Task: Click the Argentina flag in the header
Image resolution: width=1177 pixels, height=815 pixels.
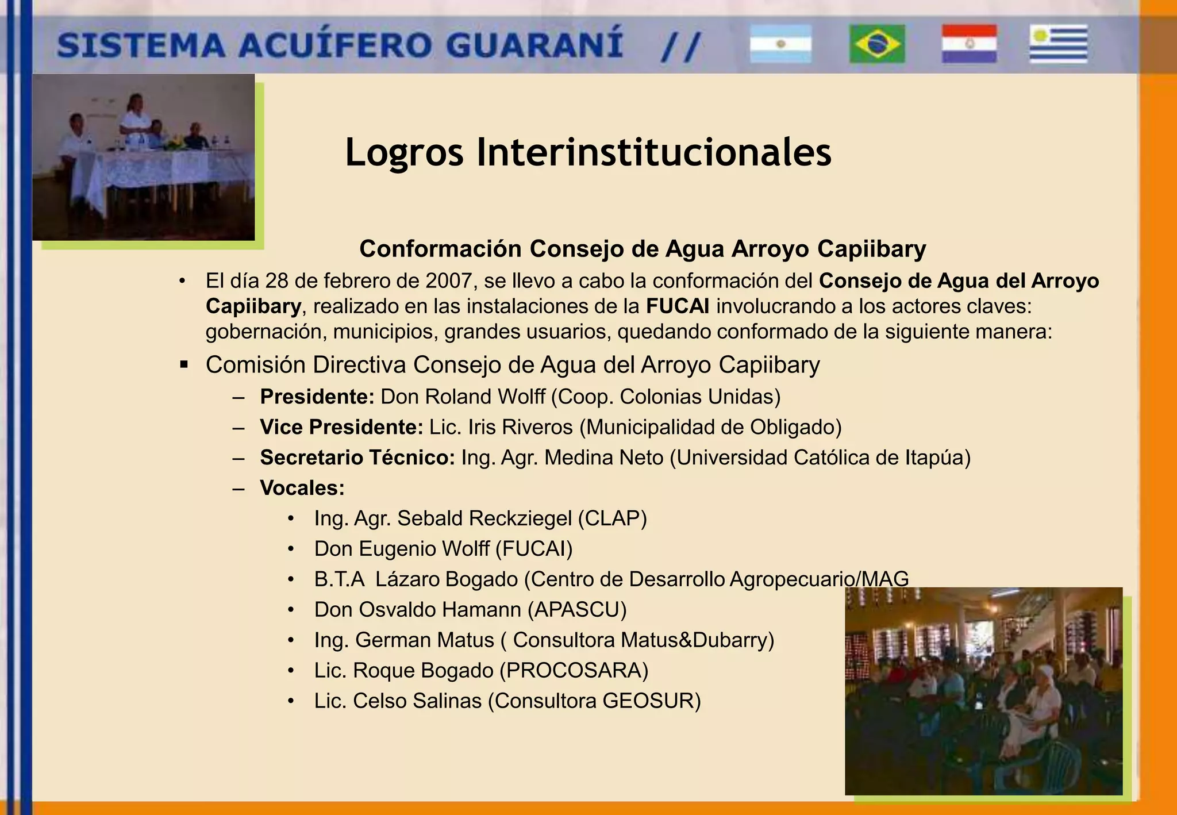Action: [x=780, y=44]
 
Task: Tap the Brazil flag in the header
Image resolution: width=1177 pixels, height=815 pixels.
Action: [x=877, y=44]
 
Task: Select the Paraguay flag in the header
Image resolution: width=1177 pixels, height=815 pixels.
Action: [x=969, y=44]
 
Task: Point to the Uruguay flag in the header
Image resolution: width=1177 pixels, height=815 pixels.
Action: [x=1058, y=44]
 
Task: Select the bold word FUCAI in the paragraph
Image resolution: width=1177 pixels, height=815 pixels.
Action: [x=677, y=306]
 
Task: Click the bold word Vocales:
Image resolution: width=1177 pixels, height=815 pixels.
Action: [x=302, y=488]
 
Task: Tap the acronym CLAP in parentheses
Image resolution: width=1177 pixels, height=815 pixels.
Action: [x=612, y=518]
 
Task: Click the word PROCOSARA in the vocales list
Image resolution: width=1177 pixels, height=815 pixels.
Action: [x=574, y=671]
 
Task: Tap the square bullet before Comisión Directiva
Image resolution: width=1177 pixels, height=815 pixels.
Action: [x=184, y=364]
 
